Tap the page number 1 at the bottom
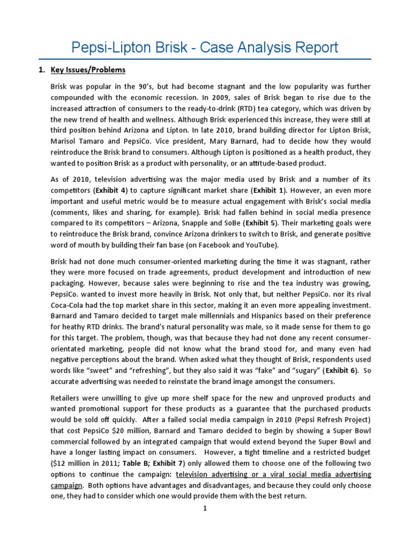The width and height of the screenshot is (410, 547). tap(204, 509)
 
